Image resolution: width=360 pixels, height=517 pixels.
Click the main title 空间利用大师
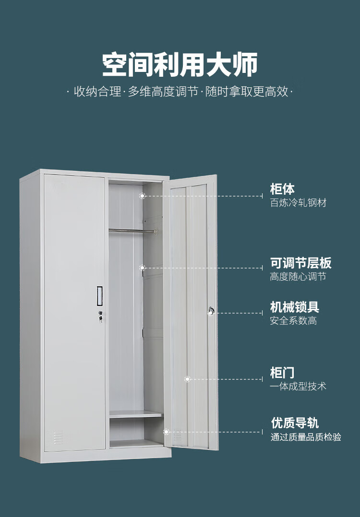pos(180,64)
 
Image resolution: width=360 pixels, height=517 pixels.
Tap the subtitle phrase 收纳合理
pos(97,92)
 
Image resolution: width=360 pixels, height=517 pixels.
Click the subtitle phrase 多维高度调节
pos(163,92)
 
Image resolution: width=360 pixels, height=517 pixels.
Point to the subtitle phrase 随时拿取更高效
pos(247,92)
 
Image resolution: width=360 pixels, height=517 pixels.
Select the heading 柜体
pos(282,189)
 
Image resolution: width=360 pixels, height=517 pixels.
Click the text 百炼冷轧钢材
pos(298,203)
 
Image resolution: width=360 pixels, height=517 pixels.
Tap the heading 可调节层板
pos(300,263)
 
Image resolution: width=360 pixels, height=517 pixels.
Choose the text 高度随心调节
pos(298,277)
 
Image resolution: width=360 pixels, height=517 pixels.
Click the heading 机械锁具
pos(295,307)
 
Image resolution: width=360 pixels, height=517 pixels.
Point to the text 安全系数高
pos(294,320)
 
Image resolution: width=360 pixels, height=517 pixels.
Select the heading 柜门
pos(282,373)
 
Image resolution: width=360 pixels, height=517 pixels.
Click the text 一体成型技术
pos(298,387)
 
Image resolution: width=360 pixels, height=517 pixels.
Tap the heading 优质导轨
pos(295,423)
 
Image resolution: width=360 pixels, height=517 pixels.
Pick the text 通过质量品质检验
pos(306,437)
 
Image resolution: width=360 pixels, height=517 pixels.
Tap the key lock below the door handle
pos(100,316)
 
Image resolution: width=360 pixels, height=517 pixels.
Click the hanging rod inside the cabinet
pos(132,231)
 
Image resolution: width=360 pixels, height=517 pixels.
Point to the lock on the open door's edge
pos(211,311)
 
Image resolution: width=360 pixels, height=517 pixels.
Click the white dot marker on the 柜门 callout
pos(187,379)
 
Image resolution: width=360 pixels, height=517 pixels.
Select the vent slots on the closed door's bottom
pos(58,437)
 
